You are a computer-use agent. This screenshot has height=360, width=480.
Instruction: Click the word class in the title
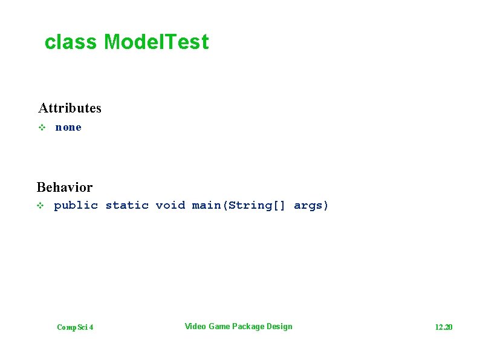(x=71, y=42)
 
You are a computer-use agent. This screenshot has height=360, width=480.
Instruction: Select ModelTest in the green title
(x=156, y=42)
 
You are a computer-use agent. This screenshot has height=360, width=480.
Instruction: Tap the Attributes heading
(x=70, y=108)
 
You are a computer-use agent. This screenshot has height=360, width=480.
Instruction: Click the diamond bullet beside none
(x=42, y=128)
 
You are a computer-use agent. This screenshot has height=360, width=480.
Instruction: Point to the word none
(x=68, y=128)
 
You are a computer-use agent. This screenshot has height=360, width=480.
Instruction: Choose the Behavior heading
(x=65, y=187)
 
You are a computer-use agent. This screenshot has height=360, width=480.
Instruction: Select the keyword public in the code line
(x=76, y=206)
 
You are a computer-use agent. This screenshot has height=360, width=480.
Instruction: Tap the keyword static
(x=127, y=206)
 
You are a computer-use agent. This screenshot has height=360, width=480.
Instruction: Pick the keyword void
(x=170, y=206)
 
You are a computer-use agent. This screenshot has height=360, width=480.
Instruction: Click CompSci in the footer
(x=71, y=327)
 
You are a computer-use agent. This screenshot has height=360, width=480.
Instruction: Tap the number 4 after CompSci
(x=91, y=327)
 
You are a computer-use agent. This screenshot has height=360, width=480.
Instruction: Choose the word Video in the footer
(x=195, y=327)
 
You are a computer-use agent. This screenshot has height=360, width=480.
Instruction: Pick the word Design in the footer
(x=279, y=327)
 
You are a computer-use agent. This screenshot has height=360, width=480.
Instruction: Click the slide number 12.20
(x=443, y=327)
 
